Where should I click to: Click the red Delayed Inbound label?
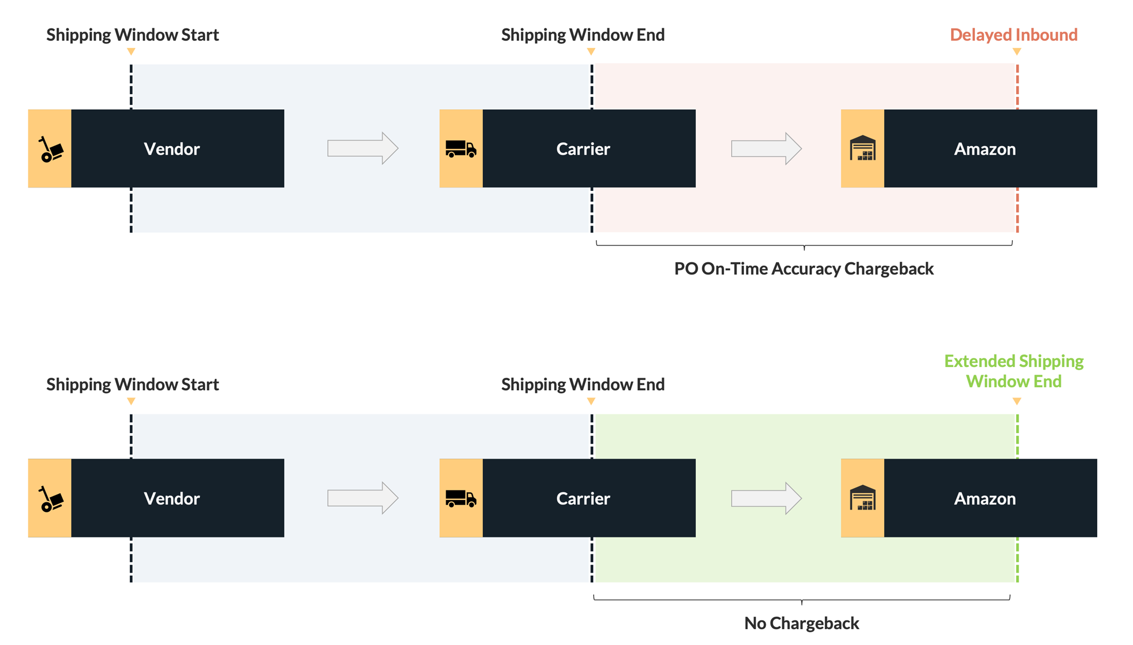[x=1013, y=35]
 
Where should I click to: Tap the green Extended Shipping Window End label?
[x=1013, y=371]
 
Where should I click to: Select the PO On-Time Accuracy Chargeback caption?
[x=803, y=268]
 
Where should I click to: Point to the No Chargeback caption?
[x=801, y=623]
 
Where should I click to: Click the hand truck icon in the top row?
[x=50, y=149]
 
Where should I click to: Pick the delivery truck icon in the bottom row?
[x=461, y=498]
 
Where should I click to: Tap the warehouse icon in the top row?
[x=862, y=148]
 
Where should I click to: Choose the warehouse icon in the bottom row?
[x=862, y=498]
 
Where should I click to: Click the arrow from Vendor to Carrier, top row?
[x=363, y=148]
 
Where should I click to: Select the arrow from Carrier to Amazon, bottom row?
[x=766, y=498]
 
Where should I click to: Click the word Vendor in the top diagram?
[x=172, y=149]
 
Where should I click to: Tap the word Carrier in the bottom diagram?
[x=583, y=498]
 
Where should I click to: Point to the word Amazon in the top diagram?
[x=985, y=149]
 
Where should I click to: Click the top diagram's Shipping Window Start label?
[x=133, y=35]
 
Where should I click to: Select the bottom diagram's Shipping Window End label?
[x=582, y=385]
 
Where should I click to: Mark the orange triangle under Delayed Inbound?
[x=1017, y=52]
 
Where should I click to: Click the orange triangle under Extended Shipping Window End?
[x=1017, y=401]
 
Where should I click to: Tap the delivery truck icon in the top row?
[x=461, y=149]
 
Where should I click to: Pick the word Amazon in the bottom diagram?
[x=985, y=498]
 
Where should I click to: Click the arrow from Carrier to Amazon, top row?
[x=766, y=148]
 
